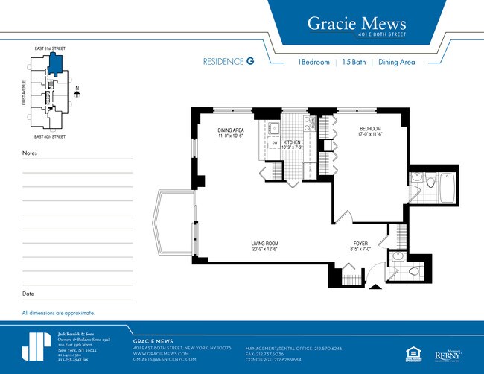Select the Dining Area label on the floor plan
pyautogui.click(x=230, y=133)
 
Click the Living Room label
pyautogui.click(x=264, y=245)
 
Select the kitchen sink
pyautogui.click(x=274, y=127)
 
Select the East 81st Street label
pyautogui.click(x=50, y=48)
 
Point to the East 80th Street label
pyautogui.click(x=50, y=137)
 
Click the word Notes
pyautogui.click(x=30, y=153)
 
